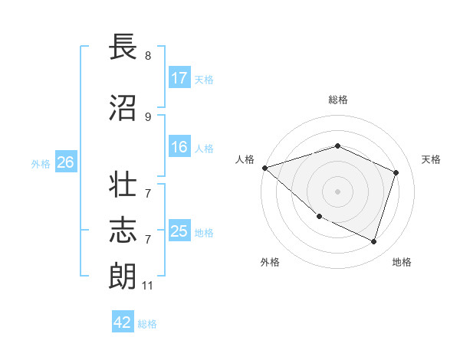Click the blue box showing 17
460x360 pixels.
pyautogui.click(x=179, y=78)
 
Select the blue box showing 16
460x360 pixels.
pyautogui.click(x=179, y=148)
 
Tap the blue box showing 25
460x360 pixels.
pyautogui.click(x=179, y=231)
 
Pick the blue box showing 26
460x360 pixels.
pyautogui.click(x=65, y=162)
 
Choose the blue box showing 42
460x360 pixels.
pyautogui.click(x=123, y=322)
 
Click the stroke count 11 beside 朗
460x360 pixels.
pyautogui.click(x=148, y=286)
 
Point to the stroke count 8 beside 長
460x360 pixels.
pyautogui.click(x=148, y=56)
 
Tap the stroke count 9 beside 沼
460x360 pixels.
pyautogui.click(x=148, y=116)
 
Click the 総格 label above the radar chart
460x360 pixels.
pyautogui.click(x=338, y=100)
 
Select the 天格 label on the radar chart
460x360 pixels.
pyautogui.click(x=431, y=159)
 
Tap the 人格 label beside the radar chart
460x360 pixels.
pyautogui.click(x=245, y=159)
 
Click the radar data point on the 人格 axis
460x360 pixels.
pyautogui.click(x=264, y=168)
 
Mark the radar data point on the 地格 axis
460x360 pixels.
pyautogui.click(x=373, y=241)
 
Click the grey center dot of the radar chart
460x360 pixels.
pyautogui.click(x=338, y=191)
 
